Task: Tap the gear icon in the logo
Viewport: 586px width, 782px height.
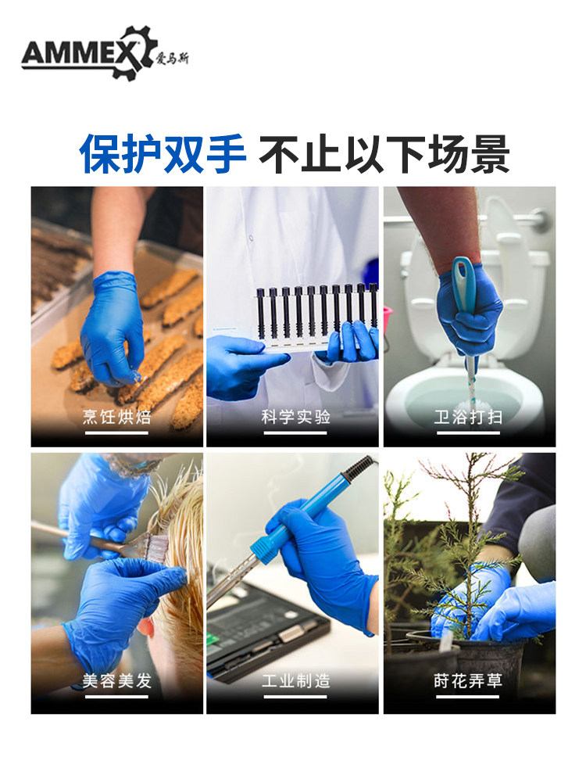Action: pyautogui.click(x=131, y=52)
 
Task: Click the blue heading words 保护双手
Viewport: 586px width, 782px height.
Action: pyautogui.click(x=163, y=153)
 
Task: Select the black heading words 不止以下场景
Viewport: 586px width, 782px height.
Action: pyautogui.click(x=384, y=153)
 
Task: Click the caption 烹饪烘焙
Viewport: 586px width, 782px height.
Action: pyautogui.click(x=116, y=417)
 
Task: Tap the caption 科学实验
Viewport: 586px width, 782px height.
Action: pyautogui.click(x=295, y=417)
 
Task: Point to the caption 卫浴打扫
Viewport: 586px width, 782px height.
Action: pyautogui.click(x=468, y=417)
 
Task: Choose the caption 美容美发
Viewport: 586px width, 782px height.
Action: pyautogui.click(x=116, y=680)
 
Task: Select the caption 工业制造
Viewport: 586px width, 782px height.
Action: pyautogui.click(x=295, y=680)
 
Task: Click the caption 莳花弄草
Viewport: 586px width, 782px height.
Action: pyautogui.click(x=468, y=680)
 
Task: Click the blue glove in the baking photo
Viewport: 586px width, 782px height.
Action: pyautogui.click(x=112, y=329)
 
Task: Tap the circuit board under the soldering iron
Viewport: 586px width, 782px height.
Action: pyautogui.click(x=264, y=633)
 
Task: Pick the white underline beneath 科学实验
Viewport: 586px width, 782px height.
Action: pyautogui.click(x=295, y=433)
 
